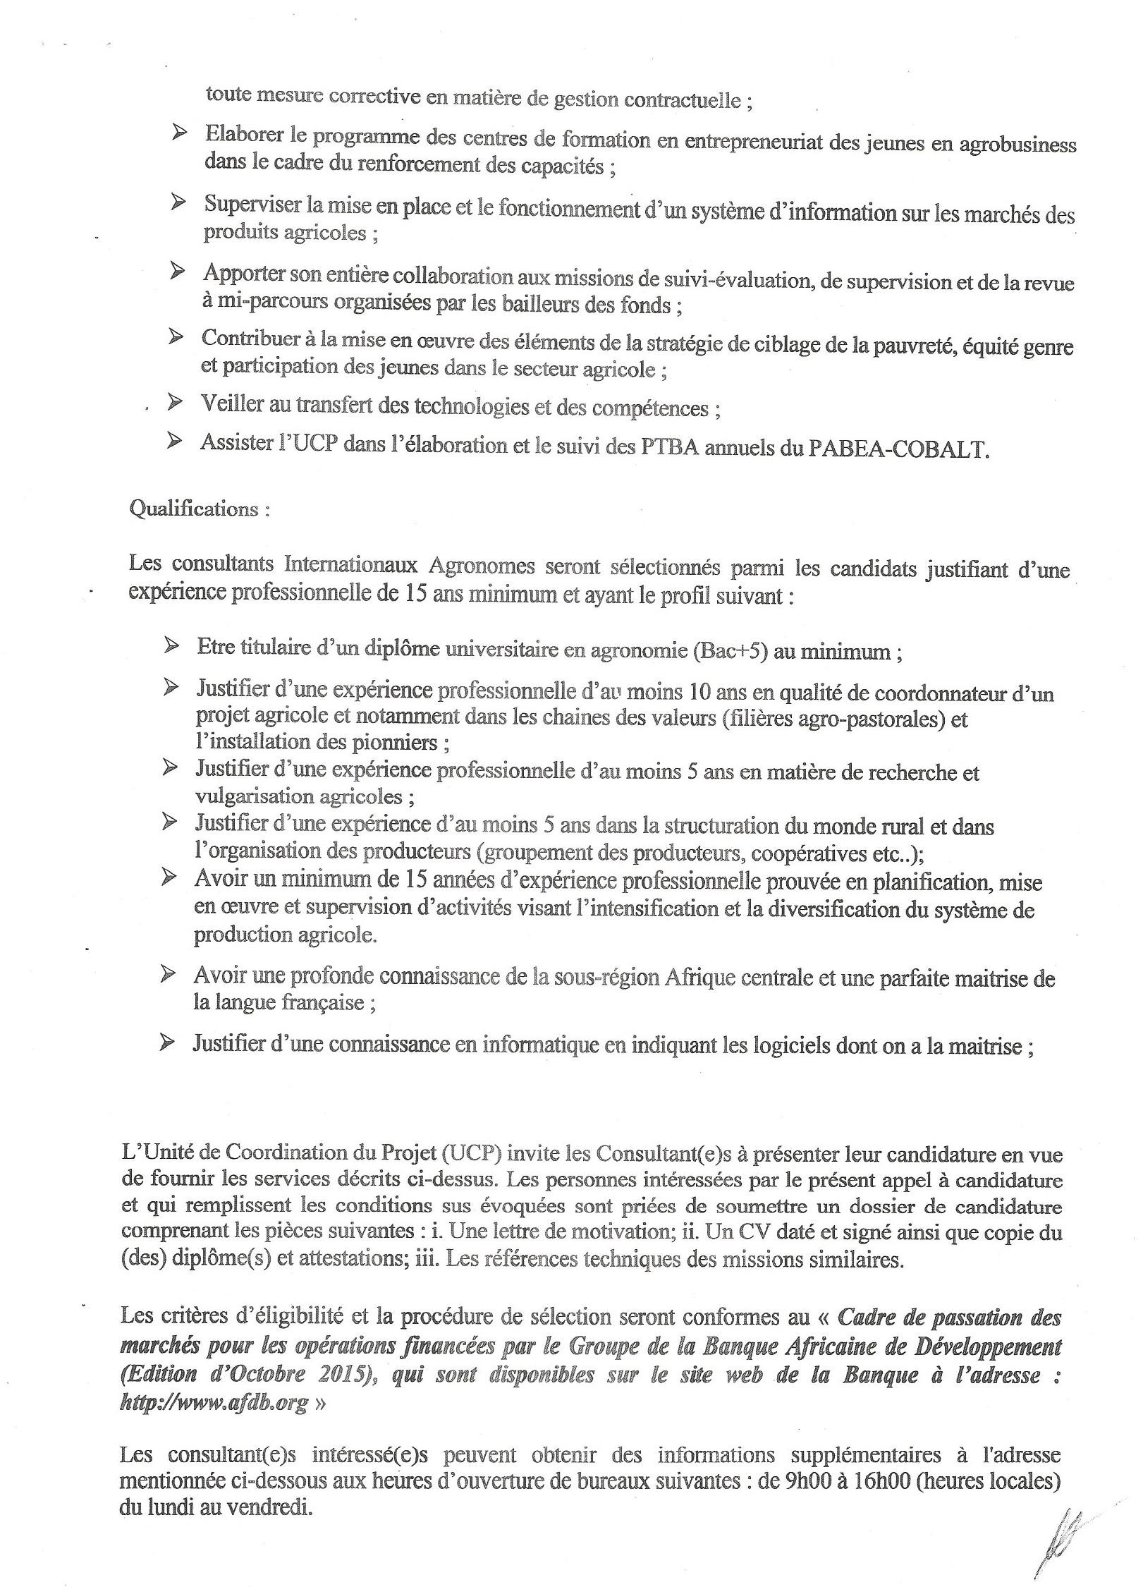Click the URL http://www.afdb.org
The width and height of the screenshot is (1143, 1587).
214,1421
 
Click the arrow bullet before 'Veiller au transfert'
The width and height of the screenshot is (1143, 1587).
173,402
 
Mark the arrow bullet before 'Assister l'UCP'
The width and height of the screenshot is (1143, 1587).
173,442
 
